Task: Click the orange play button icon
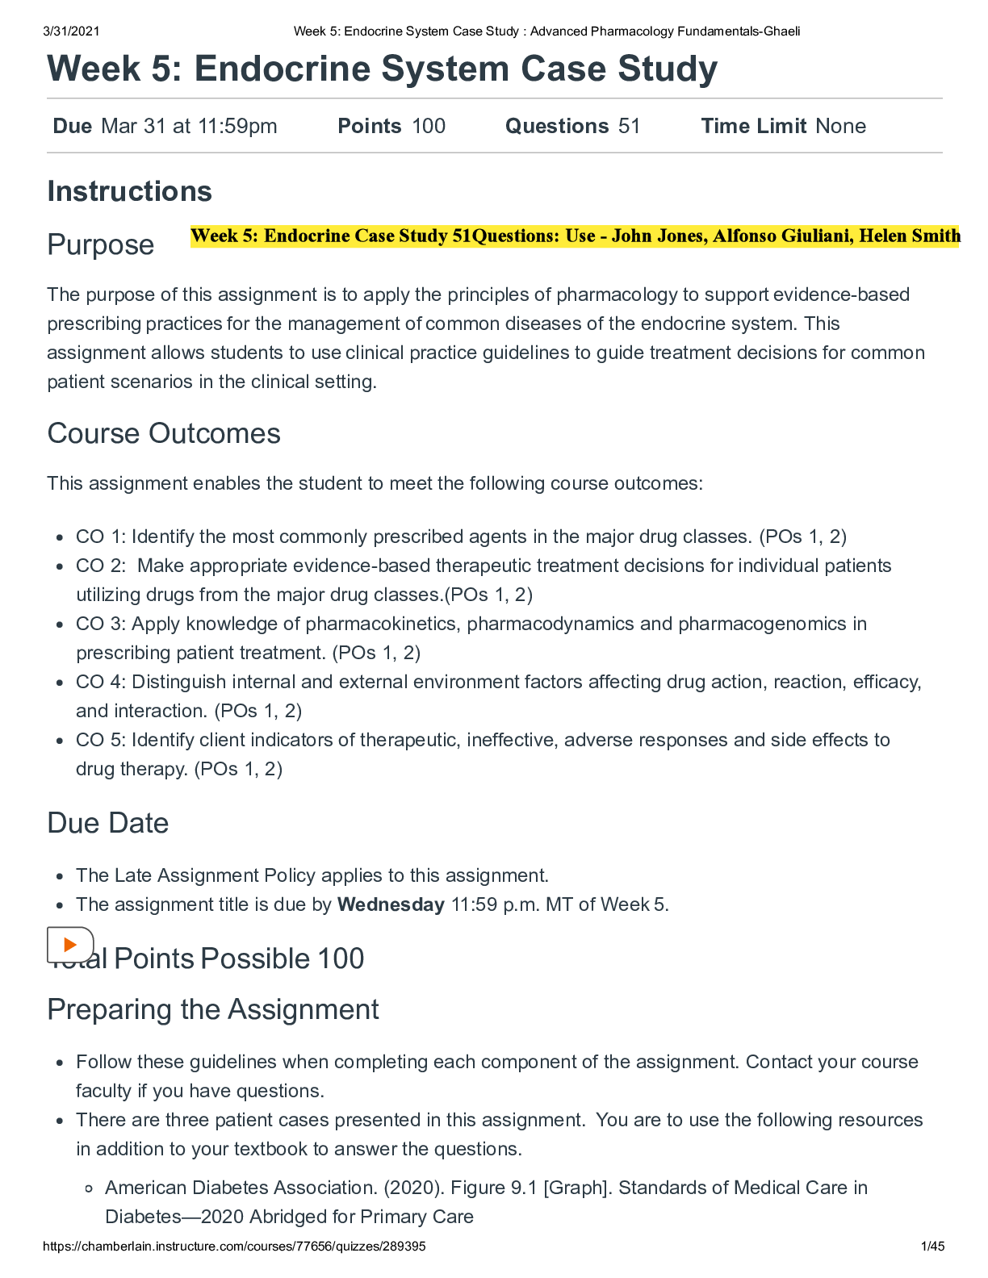pyautogui.click(x=70, y=944)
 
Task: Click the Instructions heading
pyautogui.click(x=129, y=192)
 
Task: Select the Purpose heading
pyautogui.click(x=100, y=244)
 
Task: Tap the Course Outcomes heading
pyautogui.click(x=164, y=434)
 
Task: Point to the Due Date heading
pyautogui.click(x=108, y=823)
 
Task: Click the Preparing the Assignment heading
pyautogui.click(x=213, y=1009)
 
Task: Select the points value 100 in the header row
pyautogui.click(x=428, y=126)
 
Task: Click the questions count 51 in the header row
pyautogui.click(x=629, y=126)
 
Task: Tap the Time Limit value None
pyautogui.click(x=840, y=126)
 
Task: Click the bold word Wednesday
pyautogui.click(x=391, y=904)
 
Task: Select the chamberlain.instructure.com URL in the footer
pyautogui.click(x=234, y=1247)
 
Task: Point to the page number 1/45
pyautogui.click(x=932, y=1247)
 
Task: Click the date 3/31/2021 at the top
pyautogui.click(x=72, y=31)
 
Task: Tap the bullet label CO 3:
pyautogui.click(x=101, y=624)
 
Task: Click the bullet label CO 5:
pyautogui.click(x=101, y=740)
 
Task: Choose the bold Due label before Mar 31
pyautogui.click(x=72, y=126)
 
